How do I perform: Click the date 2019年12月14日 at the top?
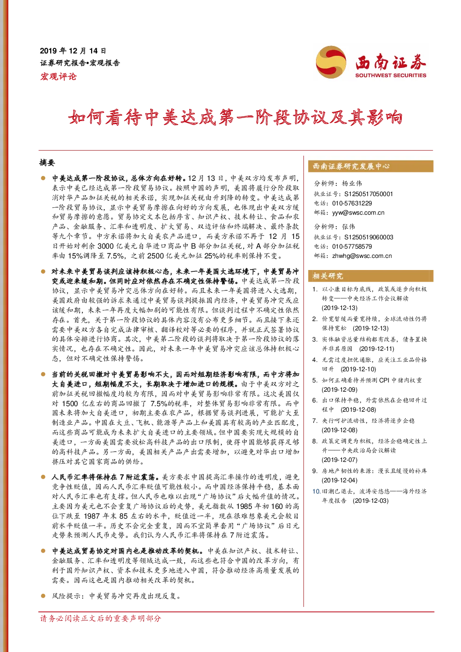coord(73,51)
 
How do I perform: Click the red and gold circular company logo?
coord(331,62)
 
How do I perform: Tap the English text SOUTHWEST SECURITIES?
coord(390,75)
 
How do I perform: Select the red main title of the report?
coord(235,118)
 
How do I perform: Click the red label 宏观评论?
coord(58,77)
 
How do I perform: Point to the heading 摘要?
coord(47,163)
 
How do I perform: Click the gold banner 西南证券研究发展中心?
coord(370,166)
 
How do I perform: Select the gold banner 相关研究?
coord(370,276)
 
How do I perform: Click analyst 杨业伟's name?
coord(352,184)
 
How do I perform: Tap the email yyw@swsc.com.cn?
coord(358,213)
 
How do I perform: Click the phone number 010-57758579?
coord(352,247)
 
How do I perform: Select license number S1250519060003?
coord(369,237)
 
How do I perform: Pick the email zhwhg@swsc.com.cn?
coord(362,256)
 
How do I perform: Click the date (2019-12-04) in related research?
coord(339,480)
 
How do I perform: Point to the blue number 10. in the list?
coord(316,491)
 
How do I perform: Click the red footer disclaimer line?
coord(100,618)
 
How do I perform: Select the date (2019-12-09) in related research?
coord(339,389)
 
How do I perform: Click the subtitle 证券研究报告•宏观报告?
coord(80,63)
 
